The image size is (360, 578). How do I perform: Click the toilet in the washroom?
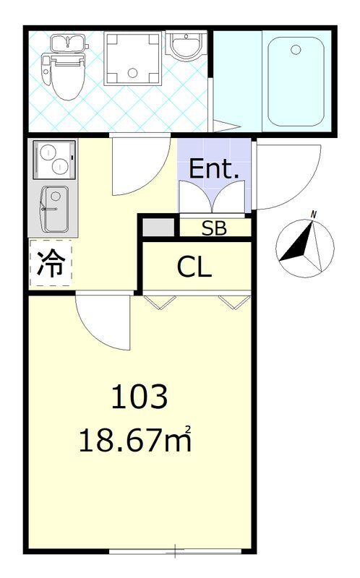[65, 67]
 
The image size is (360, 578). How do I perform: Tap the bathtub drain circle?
[296, 50]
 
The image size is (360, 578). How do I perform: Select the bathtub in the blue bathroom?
[296, 82]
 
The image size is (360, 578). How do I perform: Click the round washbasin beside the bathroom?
[187, 46]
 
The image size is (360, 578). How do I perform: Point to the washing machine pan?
[133, 59]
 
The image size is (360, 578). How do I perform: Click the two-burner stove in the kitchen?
[55, 159]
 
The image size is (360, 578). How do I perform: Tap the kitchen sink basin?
[56, 209]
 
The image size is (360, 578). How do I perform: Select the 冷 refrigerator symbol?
[51, 263]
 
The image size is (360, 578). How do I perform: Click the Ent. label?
[213, 168]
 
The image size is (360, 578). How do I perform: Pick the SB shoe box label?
[214, 229]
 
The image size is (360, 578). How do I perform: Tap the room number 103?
[140, 397]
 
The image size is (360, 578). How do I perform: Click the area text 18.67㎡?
[135, 439]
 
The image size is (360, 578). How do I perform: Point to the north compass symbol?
[305, 246]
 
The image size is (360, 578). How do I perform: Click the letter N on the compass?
[314, 214]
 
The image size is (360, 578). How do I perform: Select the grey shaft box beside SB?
[158, 228]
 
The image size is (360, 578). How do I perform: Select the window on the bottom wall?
[176, 551]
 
